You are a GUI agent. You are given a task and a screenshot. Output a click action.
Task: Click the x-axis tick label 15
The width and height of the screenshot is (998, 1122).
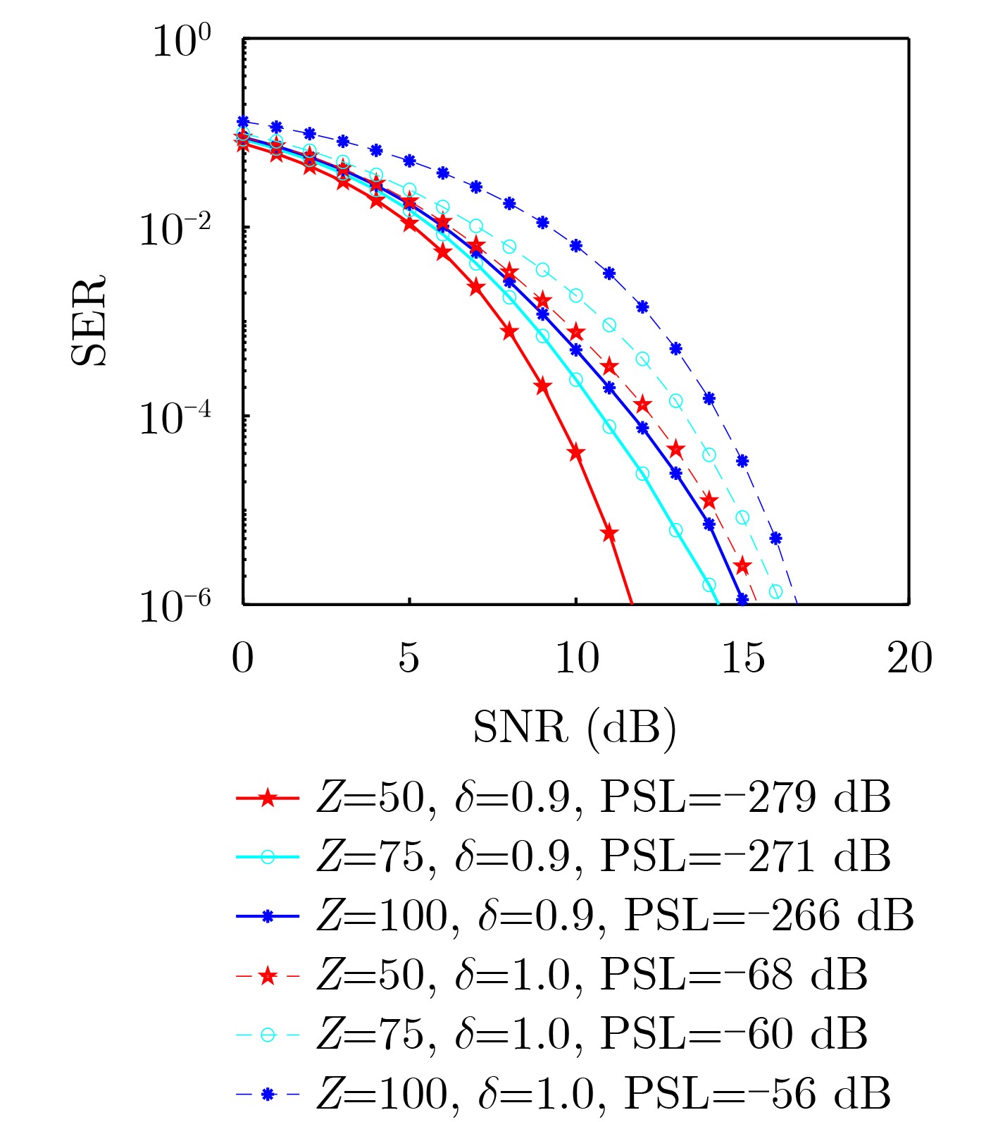(x=743, y=658)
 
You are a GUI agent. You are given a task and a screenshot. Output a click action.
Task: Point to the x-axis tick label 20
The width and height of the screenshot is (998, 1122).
(x=909, y=658)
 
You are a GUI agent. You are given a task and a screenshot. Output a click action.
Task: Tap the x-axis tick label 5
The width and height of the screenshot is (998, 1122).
(x=409, y=658)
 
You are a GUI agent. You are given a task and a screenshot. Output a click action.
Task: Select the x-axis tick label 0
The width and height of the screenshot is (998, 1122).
(x=242, y=658)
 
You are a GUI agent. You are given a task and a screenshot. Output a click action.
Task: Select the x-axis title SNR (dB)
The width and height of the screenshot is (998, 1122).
(x=575, y=728)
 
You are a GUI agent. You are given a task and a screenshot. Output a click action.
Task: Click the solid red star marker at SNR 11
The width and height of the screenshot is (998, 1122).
(x=609, y=534)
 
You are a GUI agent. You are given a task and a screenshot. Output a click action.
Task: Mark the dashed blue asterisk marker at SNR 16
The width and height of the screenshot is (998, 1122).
(x=775, y=538)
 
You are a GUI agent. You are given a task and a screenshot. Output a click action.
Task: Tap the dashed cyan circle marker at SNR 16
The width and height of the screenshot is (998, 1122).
(x=775, y=591)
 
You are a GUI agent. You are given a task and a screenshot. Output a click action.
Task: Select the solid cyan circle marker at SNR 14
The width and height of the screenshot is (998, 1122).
(x=709, y=585)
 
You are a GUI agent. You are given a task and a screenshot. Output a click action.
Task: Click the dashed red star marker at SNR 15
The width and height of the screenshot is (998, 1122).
(x=742, y=565)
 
